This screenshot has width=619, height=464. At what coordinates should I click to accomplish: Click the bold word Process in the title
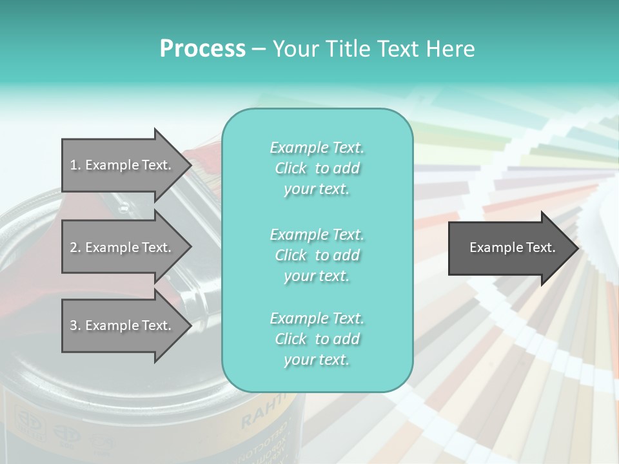(202, 49)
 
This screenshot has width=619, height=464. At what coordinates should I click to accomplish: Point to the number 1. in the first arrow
(75, 165)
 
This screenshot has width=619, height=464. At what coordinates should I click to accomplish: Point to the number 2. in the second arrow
(75, 247)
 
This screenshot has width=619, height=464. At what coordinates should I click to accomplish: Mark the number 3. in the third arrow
(75, 325)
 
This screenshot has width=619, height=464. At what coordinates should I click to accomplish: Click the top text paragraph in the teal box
(317, 168)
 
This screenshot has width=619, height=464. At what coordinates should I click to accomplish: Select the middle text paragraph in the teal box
(317, 255)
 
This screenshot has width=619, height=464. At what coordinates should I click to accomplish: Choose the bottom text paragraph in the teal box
(317, 339)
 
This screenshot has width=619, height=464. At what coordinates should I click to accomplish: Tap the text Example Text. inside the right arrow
(513, 247)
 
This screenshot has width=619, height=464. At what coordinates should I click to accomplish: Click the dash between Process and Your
(258, 50)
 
